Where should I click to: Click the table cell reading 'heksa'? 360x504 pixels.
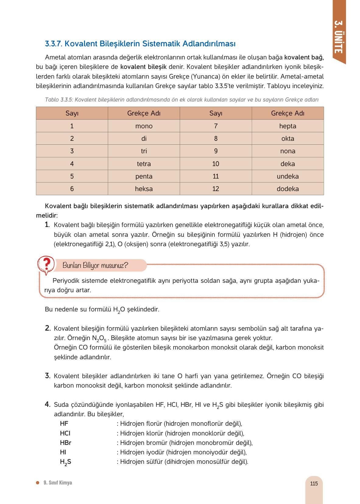[144, 189]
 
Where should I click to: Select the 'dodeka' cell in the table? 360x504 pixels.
[288, 189]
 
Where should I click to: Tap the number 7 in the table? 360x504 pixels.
[216, 126]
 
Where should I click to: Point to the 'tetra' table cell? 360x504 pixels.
[144, 164]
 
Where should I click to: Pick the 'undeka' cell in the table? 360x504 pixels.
[288, 176]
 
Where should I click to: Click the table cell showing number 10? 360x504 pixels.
[216, 164]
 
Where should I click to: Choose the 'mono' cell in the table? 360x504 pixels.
[144, 126]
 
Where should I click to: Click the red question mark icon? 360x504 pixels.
[46, 264]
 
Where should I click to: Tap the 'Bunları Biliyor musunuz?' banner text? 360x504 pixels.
[95, 265]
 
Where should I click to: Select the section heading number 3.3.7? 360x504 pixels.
[54, 44]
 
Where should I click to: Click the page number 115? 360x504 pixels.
[314, 484]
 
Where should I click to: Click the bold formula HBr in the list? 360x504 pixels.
[65, 443]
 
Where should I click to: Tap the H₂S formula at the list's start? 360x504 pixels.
[65, 462]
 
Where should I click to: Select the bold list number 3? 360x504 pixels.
[48, 376]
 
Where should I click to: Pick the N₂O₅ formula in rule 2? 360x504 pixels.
[99, 339]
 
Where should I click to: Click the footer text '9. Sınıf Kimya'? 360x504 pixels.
[58, 483]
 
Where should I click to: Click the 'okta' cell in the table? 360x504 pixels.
[288, 139]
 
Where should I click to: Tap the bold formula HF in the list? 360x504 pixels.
[64, 424]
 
